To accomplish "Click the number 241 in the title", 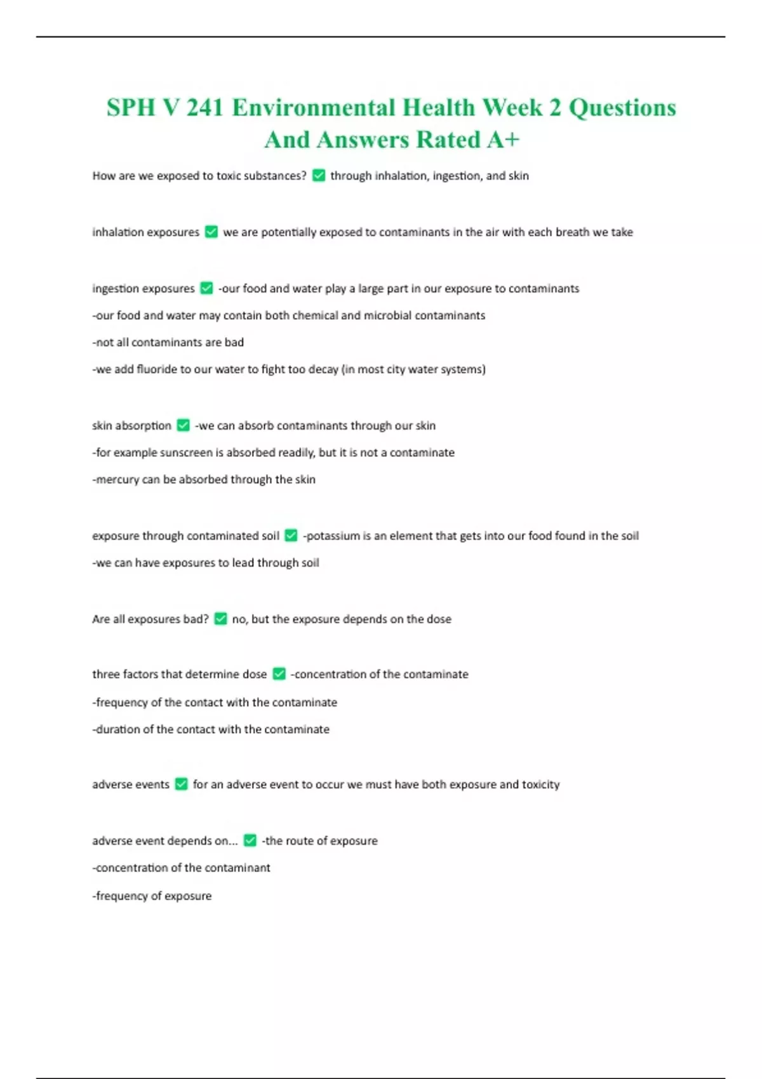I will point(204,108).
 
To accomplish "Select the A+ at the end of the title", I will point(503,140).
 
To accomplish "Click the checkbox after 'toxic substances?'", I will point(319,176).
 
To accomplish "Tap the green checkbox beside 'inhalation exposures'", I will point(211,232).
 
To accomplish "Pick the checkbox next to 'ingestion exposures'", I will point(206,289).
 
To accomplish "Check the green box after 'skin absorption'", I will point(183,426).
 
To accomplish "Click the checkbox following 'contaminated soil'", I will point(291,536).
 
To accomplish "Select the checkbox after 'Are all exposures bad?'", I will point(220,619).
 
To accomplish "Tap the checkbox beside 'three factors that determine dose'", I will point(279,674).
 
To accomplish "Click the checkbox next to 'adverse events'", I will point(181,784).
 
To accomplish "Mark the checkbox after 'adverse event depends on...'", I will point(250,841).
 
